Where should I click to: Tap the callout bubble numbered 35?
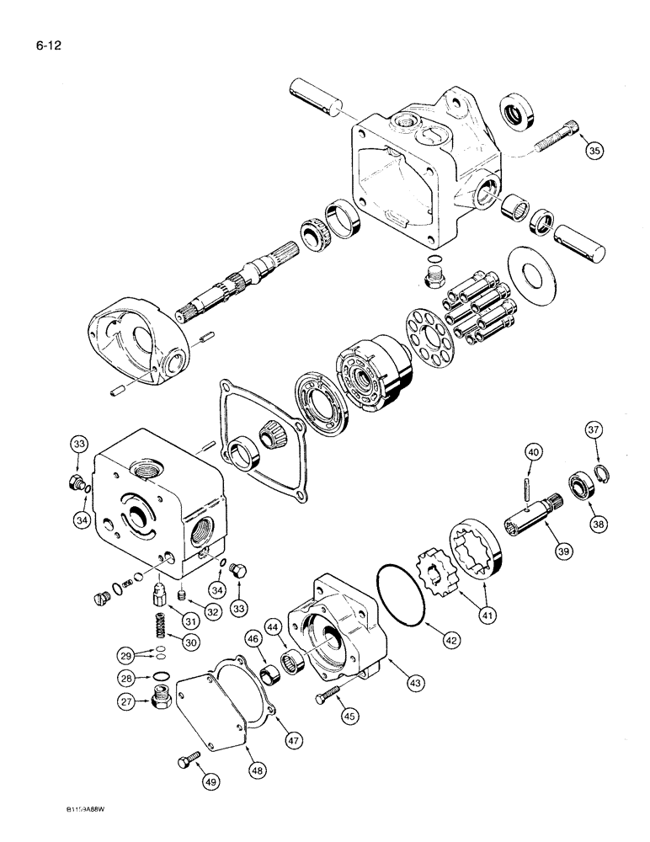pos(595,151)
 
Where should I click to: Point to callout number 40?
pos(531,456)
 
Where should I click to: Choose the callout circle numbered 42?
pos(451,641)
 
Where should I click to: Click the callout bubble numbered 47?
pos(292,739)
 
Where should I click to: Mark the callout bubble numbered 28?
pos(126,676)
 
